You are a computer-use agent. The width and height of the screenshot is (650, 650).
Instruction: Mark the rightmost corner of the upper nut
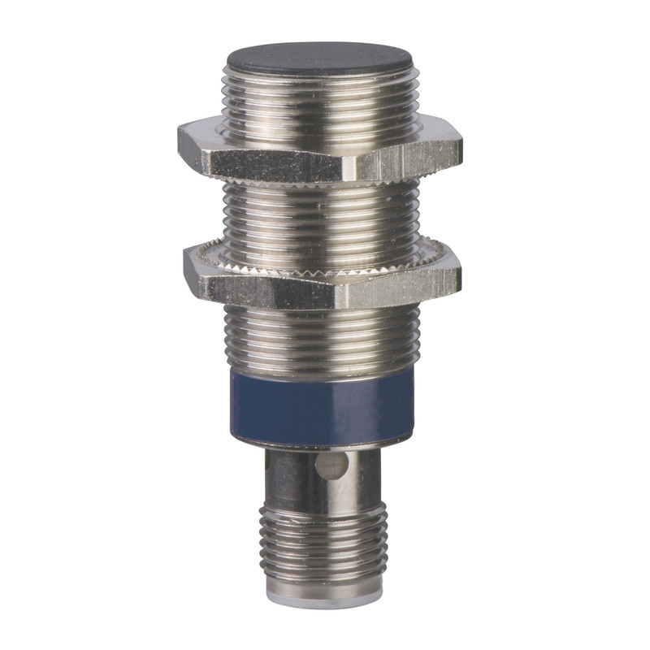click(461, 146)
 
